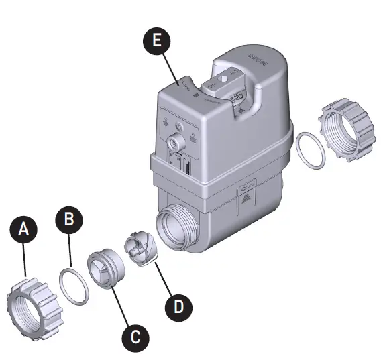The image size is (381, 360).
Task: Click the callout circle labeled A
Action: click(25, 229)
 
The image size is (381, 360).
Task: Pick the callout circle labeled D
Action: click(178, 307)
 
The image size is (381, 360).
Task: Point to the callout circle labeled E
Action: click(156, 41)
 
